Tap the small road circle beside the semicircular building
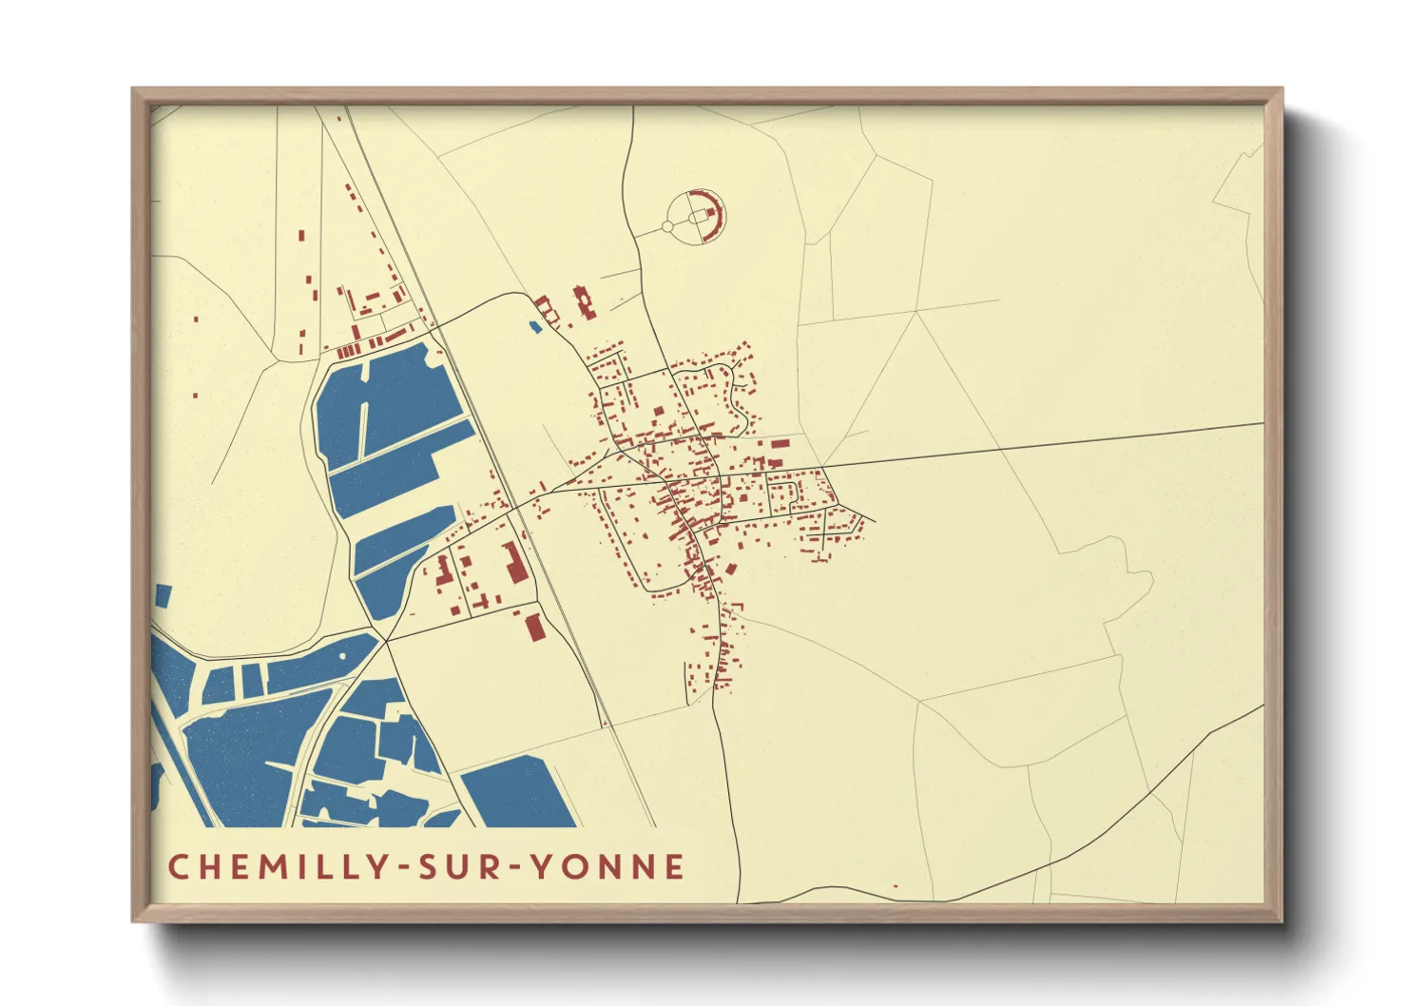point(668,226)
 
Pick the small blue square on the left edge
point(163,596)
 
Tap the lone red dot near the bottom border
point(896,886)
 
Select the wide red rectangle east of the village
point(780,442)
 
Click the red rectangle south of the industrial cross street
point(534,628)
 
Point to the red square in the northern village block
point(657,411)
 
